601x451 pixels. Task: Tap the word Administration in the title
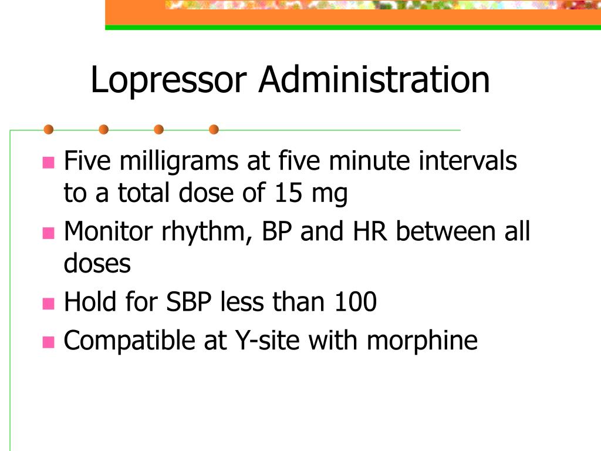(374, 80)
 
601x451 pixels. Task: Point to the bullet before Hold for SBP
(48, 304)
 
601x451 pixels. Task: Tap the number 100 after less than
(355, 302)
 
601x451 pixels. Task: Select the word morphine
(423, 341)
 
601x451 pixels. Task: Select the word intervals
(468, 161)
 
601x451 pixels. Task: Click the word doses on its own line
(97, 264)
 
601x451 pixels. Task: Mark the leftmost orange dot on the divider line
(49, 129)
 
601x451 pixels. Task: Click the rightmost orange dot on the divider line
(214, 129)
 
